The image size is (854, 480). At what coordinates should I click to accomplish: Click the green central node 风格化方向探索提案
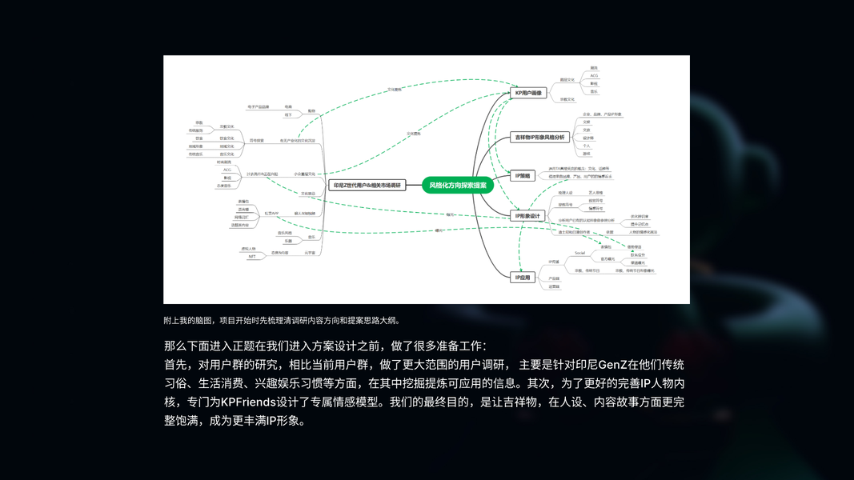[458, 185]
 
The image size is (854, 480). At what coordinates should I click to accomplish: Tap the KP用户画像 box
[529, 93]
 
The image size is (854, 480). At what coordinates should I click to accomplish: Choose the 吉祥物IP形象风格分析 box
[539, 138]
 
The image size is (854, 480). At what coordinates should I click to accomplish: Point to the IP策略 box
[523, 176]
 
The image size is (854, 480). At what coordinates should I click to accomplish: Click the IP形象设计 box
[527, 215]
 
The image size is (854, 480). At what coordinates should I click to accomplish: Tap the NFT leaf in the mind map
[252, 257]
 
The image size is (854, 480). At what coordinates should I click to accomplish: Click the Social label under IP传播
[580, 253]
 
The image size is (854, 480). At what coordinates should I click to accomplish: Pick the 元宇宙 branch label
[310, 253]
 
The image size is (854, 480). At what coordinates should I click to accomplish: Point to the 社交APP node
[271, 214]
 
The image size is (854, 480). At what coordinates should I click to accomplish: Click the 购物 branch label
[311, 110]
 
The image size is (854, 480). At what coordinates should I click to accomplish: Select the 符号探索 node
[257, 140]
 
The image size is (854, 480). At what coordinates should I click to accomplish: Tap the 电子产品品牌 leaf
[259, 106]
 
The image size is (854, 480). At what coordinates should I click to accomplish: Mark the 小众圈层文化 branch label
[305, 174]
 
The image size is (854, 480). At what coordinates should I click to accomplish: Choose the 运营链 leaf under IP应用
[554, 286]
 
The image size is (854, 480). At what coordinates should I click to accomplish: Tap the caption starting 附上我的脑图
[281, 320]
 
